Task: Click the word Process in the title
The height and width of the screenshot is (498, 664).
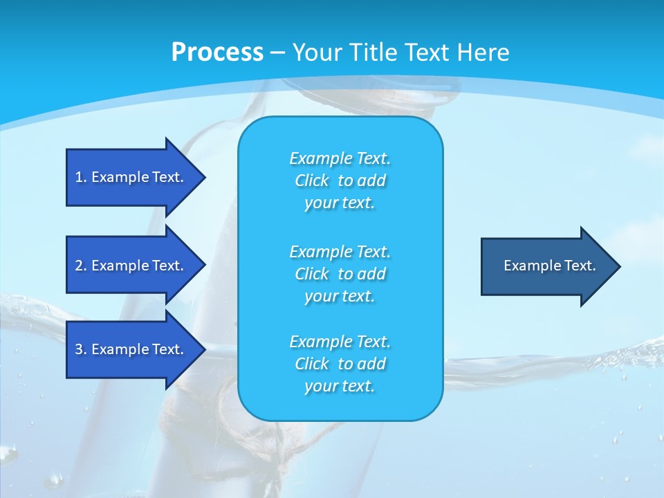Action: click(217, 53)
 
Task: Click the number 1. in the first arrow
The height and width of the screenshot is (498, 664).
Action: click(81, 177)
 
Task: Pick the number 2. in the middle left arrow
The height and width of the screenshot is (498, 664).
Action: click(81, 266)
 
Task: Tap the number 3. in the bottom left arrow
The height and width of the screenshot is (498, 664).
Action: click(81, 349)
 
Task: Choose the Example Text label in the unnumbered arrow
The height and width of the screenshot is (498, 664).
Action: click(549, 266)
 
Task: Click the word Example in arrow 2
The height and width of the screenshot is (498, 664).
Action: click(120, 266)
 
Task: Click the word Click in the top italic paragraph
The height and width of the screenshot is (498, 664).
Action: click(312, 181)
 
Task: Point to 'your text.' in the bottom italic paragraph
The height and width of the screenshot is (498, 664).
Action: click(340, 387)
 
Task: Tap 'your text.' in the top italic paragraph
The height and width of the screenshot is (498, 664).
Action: click(340, 203)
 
